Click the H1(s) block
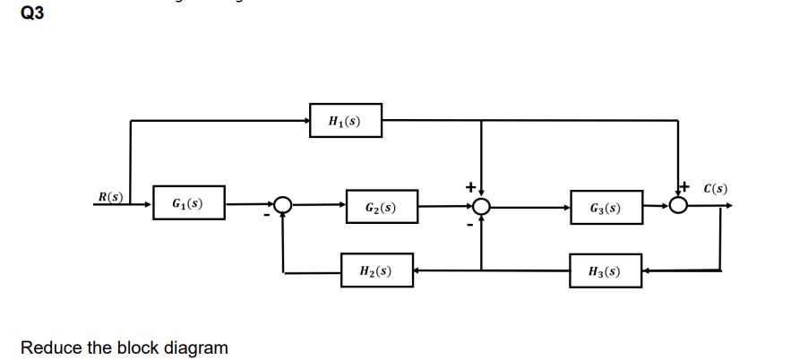(345, 121)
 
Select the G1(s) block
(187, 203)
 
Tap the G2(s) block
(381, 209)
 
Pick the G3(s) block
(605, 209)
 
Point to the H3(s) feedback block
(605, 270)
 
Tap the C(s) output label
(716, 189)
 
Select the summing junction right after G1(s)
(284, 206)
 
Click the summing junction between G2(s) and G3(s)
(483, 207)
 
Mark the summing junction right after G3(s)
(679, 206)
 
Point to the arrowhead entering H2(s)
(418, 269)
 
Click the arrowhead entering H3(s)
(647, 269)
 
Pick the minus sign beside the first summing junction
(266, 216)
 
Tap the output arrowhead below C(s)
(730, 206)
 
